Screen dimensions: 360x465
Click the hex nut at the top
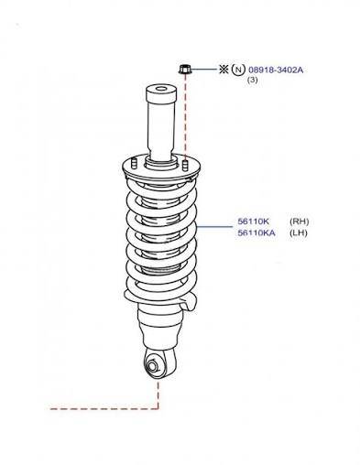coord(184,70)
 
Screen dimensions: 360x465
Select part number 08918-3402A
coord(276,70)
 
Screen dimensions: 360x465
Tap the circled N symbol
coord(238,70)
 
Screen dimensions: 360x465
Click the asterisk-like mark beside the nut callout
coord(224,70)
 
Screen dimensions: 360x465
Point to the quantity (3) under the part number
coord(252,81)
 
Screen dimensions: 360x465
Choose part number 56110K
coord(253,222)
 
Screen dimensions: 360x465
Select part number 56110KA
coord(256,233)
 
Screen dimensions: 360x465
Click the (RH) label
coord(300,222)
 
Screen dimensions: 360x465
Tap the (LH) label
coord(299,233)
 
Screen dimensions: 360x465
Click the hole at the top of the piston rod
coord(161,89)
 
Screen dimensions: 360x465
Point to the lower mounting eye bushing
coord(153,365)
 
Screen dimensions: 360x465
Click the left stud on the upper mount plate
coord(134,163)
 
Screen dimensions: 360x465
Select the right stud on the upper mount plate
coord(185,165)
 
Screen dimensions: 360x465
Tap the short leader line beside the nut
coord(203,70)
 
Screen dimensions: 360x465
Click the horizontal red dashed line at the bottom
coord(104,408)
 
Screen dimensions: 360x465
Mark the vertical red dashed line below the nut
coord(185,117)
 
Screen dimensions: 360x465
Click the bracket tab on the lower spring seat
coord(189,303)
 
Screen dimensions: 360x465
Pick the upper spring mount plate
coord(161,169)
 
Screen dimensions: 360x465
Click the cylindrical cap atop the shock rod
coord(161,94)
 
